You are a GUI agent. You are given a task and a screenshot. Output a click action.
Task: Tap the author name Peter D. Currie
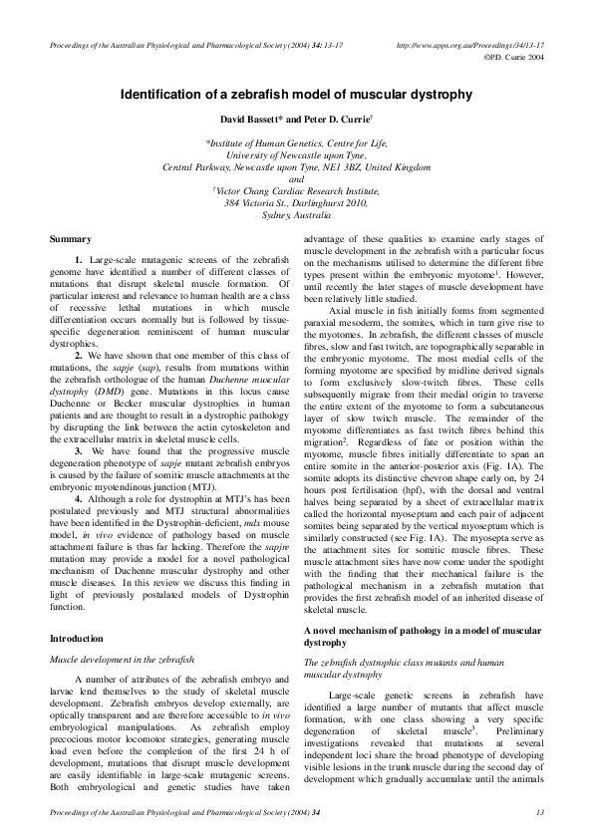(x=334, y=122)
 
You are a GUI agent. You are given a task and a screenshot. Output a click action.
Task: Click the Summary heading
(x=71, y=240)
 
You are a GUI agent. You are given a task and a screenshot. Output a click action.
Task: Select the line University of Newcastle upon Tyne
(x=296, y=155)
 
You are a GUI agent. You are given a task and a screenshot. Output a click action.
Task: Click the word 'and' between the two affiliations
(x=296, y=179)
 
